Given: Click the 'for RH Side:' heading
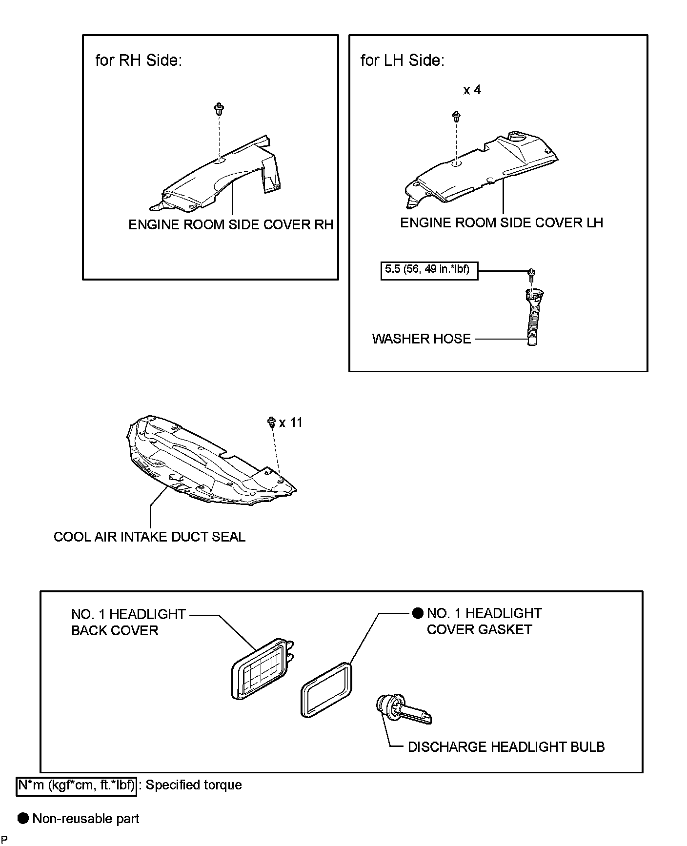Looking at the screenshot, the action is pyautogui.click(x=138, y=60).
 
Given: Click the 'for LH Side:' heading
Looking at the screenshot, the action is pyautogui.click(x=403, y=60).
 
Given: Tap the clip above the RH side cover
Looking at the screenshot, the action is pyautogui.click(x=219, y=109).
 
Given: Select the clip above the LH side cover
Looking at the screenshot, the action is pyautogui.click(x=457, y=118).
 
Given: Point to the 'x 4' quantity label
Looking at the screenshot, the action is pyautogui.click(x=472, y=90).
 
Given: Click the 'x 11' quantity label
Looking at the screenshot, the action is pyautogui.click(x=291, y=423).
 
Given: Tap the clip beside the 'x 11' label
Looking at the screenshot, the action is pyautogui.click(x=272, y=423).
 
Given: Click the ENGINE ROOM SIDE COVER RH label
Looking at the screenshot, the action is pyautogui.click(x=231, y=224).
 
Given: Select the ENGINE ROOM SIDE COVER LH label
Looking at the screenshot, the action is pyautogui.click(x=502, y=223).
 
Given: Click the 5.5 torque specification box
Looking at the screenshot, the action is pyautogui.click(x=429, y=270).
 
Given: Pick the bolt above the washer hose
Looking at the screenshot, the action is pyautogui.click(x=531, y=275).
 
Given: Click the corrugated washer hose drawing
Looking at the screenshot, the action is pyautogui.click(x=533, y=317).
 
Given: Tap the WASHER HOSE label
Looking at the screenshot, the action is pyautogui.click(x=422, y=339).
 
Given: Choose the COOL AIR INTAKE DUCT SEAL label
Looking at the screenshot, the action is pyautogui.click(x=149, y=537).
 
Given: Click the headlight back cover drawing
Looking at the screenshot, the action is pyautogui.click(x=262, y=668).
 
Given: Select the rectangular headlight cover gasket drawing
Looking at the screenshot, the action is pyautogui.click(x=326, y=689).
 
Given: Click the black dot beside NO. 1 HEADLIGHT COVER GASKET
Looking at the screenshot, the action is pyautogui.click(x=418, y=613).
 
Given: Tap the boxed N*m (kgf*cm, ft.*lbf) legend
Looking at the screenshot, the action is pyautogui.click(x=76, y=785).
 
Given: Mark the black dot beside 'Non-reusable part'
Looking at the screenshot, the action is pyautogui.click(x=23, y=819).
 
